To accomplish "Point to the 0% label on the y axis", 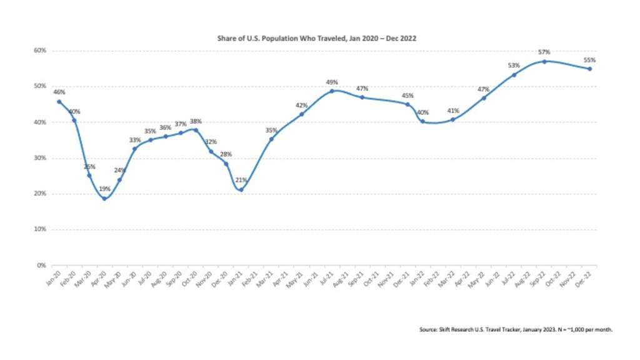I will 41,266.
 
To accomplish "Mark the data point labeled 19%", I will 104,199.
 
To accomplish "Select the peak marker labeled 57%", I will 545,61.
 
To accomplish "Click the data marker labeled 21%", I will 241,190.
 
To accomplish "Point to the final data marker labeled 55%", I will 590,69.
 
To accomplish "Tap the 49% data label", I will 332,82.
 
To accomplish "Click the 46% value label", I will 59,92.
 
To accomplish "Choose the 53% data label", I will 514,65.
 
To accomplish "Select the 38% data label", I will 195,122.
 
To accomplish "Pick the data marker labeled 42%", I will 302,114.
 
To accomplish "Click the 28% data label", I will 226,154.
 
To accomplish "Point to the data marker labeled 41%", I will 452,119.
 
